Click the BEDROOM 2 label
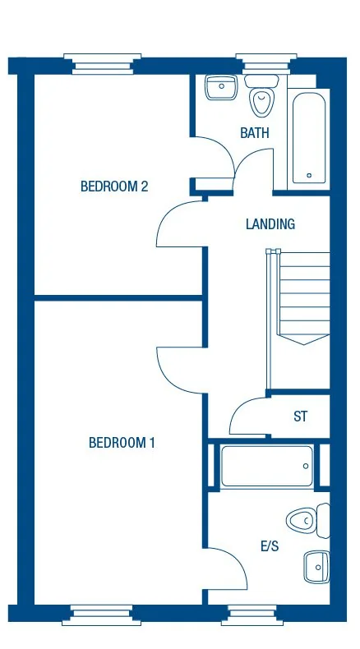click(x=113, y=186)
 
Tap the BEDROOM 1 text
click(x=122, y=443)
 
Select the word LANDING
click(x=270, y=224)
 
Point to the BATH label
click(x=254, y=133)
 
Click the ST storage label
click(x=301, y=417)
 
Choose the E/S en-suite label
click(x=269, y=546)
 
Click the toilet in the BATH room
click(x=261, y=98)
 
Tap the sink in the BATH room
click(x=219, y=86)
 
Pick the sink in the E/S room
click(x=315, y=566)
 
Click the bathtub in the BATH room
click(x=308, y=138)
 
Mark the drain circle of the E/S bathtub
click(x=305, y=467)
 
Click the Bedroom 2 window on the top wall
click(x=102, y=62)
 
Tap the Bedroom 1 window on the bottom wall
click(x=102, y=612)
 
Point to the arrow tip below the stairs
click(x=304, y=343)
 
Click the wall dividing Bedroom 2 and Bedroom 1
click(x=118, y=297)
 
